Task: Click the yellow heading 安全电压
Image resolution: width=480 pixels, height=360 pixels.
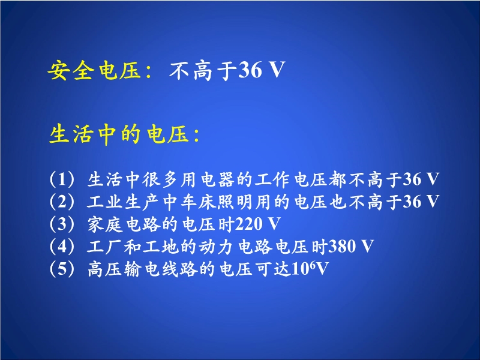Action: pyautogui.click(x=94, y=71)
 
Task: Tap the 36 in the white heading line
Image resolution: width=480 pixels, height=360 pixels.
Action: pyautogui.click(x=250, y=70)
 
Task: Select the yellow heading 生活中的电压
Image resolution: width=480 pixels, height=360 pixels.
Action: pyautogui.click(x=118, y=134)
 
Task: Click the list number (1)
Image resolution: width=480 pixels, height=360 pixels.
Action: pyautogui.click(x=62, y=179)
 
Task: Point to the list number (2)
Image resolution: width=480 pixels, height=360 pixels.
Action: pyautogui.click(x=62, y=202)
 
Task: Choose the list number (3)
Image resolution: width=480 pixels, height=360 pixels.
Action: pyautogui.click(x=62, y=224)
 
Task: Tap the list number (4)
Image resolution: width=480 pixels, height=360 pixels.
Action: pyautogui.click(x=62, y=246)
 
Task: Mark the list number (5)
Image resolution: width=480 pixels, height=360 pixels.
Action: pyautogui.click(x=62, y=269)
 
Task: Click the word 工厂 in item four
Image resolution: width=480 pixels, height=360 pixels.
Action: pyautogui.click(x=105, y=247)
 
